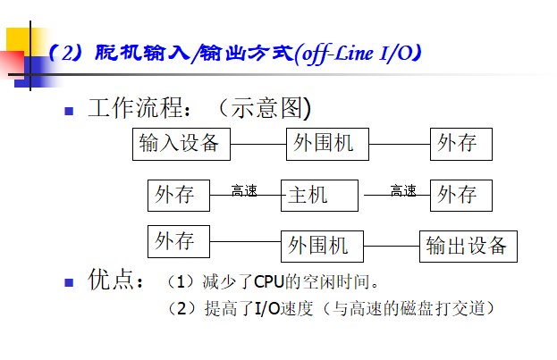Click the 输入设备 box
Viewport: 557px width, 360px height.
tap(181, 144)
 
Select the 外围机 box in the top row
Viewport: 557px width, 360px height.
tap(325, 145)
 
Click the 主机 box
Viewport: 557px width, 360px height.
tap(322, 195)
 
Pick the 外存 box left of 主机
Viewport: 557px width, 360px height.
tap(178, 195)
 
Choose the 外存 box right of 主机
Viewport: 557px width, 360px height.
tap(460, 195)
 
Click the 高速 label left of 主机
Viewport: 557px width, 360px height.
tap(244, 190)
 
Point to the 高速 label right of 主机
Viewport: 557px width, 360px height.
tap(403, 190)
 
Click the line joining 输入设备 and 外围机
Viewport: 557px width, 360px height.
tap(258, 145)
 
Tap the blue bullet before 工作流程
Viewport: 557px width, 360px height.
tap(68, 113)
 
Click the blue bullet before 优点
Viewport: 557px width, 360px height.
tap(68, 282)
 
